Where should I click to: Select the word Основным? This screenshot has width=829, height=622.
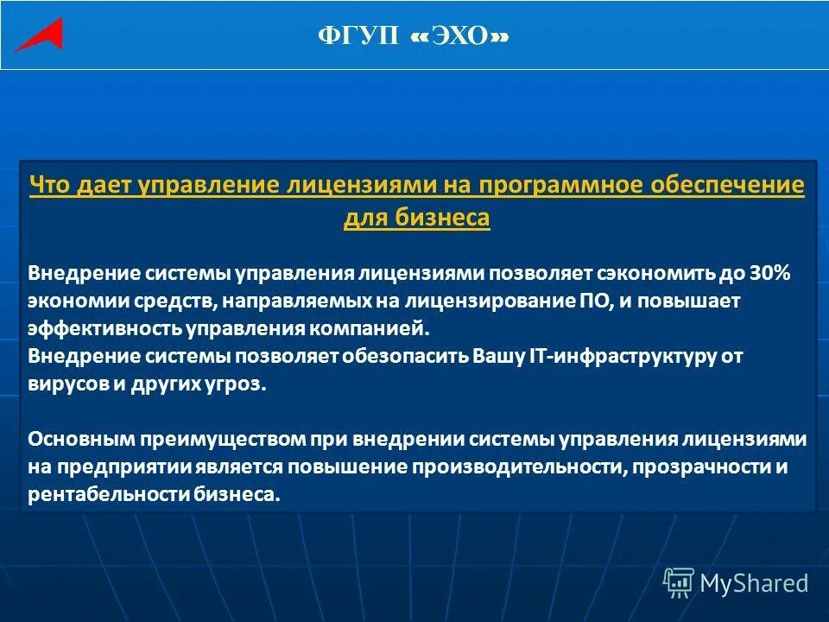pyautogui.click(x=79, y=439)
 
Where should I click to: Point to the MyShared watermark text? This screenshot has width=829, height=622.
pyautogui.click(x=754, y=583)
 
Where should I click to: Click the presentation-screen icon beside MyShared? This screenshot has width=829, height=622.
pyautogui.click(x=679, y=583)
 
